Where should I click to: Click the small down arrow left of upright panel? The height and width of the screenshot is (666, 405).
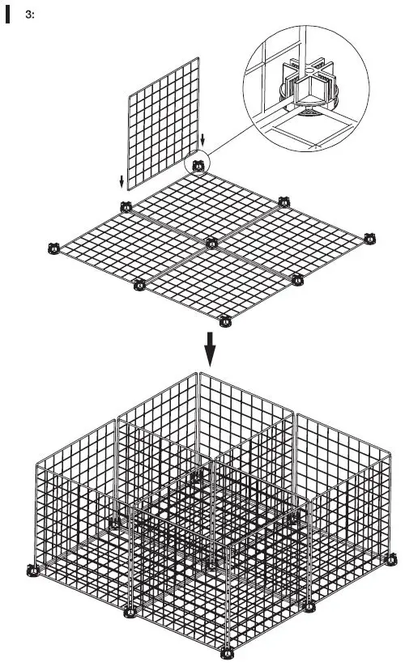[122, 180]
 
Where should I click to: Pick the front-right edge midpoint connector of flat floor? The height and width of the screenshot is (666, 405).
[297, 280]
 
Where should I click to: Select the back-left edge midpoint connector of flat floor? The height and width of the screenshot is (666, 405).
[126, 205]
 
